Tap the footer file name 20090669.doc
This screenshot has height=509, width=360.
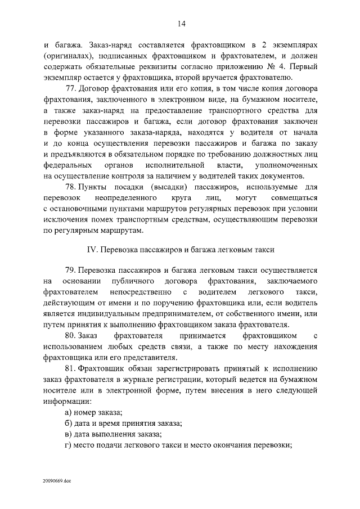click(56, 481)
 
